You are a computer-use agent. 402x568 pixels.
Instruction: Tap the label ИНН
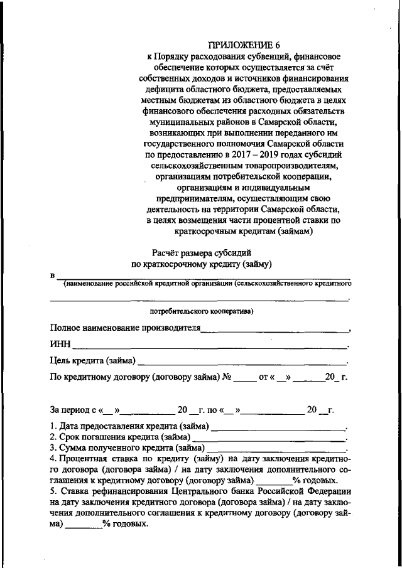click(x=60, y=344)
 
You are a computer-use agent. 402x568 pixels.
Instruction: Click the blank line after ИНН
click(x=210, y=345)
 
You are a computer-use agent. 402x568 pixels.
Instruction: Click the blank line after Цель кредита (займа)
click(x=242, y=362)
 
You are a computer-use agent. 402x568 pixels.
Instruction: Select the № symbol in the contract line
click(x=228, y=377)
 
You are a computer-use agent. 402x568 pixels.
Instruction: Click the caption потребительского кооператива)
click(x=201, y=311)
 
